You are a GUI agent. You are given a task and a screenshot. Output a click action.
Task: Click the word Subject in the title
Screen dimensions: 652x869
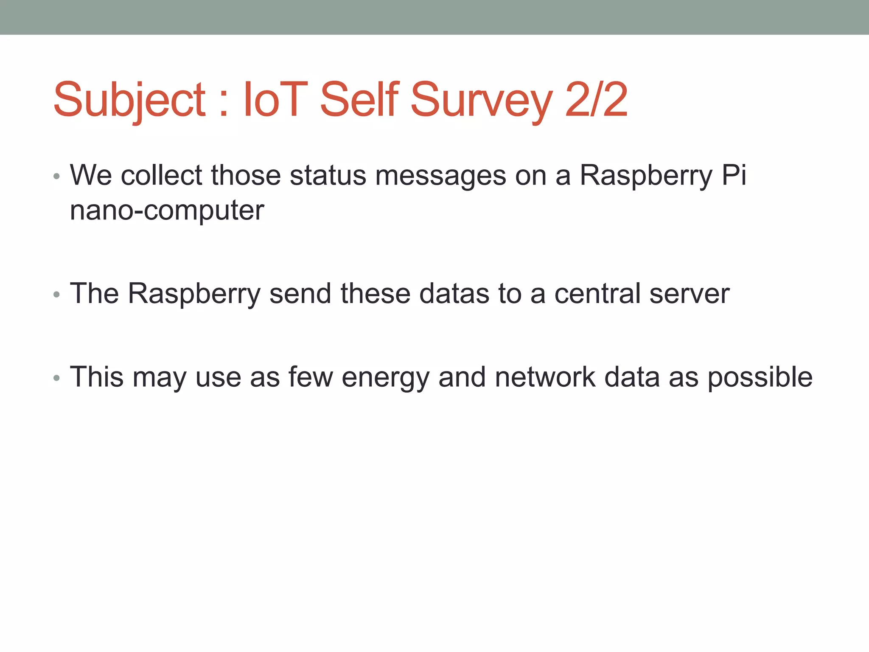point(129,100)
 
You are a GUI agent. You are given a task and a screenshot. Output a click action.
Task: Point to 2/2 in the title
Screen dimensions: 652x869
point(596,100)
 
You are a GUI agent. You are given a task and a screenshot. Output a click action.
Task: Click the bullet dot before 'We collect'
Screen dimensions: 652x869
point(57,177)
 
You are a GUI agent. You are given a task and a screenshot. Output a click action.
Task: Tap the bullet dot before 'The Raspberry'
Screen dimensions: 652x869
point(57,295)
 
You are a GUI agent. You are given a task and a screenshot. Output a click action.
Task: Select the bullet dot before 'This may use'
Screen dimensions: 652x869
point(57,378)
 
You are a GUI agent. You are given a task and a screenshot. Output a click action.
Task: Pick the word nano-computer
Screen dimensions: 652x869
point(167,211)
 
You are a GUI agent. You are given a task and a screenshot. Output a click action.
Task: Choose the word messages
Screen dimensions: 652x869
point(440,176)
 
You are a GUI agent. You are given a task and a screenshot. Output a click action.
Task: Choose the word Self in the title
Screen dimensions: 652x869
point(359,100)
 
